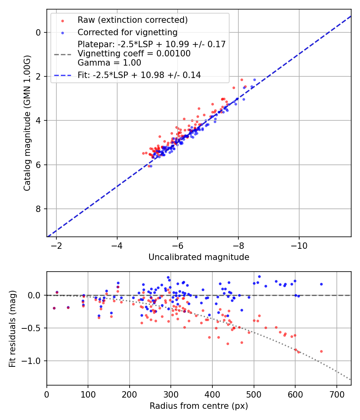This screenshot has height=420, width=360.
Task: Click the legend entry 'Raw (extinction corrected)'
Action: (132, 20)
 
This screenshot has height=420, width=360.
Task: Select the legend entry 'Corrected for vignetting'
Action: (128, 32)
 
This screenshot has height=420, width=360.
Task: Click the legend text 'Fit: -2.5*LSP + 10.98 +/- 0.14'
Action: (139, 75)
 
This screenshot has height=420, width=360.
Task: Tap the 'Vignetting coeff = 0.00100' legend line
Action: (134, 53)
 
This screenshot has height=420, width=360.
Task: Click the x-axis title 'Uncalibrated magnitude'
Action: (199, 257)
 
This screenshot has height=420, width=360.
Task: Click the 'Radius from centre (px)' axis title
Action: (199, 406)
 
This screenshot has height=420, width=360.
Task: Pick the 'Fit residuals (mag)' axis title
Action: (12, 328)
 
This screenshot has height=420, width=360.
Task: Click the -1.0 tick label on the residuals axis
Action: (33, 361)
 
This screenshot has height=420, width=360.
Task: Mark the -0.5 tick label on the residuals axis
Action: (33, 328)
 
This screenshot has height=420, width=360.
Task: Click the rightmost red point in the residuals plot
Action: (321, 351)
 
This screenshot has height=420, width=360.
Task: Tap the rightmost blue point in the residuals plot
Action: (321, 284)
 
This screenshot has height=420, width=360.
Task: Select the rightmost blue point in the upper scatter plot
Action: (254, 80)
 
